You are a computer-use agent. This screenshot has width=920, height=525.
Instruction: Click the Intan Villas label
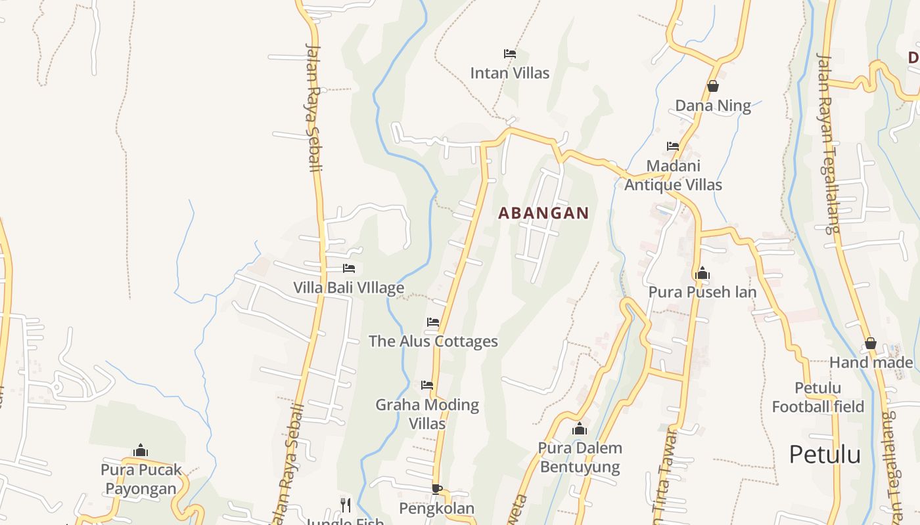coord(509,73)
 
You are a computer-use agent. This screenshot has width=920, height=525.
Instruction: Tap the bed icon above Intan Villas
coord(509,53)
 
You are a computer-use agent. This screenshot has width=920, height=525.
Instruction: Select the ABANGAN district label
coord(543,213)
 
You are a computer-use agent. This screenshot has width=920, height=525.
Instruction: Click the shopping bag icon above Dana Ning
coord(712,86)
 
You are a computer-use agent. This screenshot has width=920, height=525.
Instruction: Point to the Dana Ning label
coord(712,106)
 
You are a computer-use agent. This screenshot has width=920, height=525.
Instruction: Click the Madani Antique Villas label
coord(673,175)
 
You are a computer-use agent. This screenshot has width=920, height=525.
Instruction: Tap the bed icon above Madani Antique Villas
coord(672,146)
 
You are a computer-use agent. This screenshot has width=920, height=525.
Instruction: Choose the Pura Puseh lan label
coord(702,292)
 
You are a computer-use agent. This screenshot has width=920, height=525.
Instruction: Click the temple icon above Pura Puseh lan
coord(702,272)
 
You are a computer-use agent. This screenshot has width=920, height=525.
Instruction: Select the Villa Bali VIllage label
coord(348,288)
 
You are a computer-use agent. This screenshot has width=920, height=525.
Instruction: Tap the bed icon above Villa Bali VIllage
coord(349,268)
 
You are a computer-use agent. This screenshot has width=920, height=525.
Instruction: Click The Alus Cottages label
coord(433,341)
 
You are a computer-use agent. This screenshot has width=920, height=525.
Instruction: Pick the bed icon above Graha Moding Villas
coord(427,385)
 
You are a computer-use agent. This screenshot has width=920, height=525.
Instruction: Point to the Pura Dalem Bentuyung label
coord(580,457)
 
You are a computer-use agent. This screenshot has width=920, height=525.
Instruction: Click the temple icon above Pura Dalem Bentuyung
coord(580,429)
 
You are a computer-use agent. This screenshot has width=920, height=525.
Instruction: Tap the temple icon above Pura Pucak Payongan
coord(141,450)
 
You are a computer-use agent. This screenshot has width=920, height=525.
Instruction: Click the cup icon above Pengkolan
coord(436,489)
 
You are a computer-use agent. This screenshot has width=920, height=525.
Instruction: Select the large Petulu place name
coord(825,454)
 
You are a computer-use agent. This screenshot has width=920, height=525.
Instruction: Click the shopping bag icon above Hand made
coord(871,343)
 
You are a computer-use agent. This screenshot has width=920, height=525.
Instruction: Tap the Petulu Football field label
coord(817,397)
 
